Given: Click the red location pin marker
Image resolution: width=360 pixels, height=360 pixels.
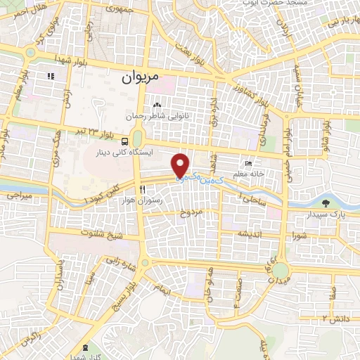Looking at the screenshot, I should pos(181,165).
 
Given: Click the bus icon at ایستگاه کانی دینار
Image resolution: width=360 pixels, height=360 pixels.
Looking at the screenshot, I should pos(124,139).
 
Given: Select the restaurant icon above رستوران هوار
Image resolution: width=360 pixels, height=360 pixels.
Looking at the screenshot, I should pos(142,190).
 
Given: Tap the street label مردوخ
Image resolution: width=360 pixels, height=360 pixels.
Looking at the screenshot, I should pos(190,212).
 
